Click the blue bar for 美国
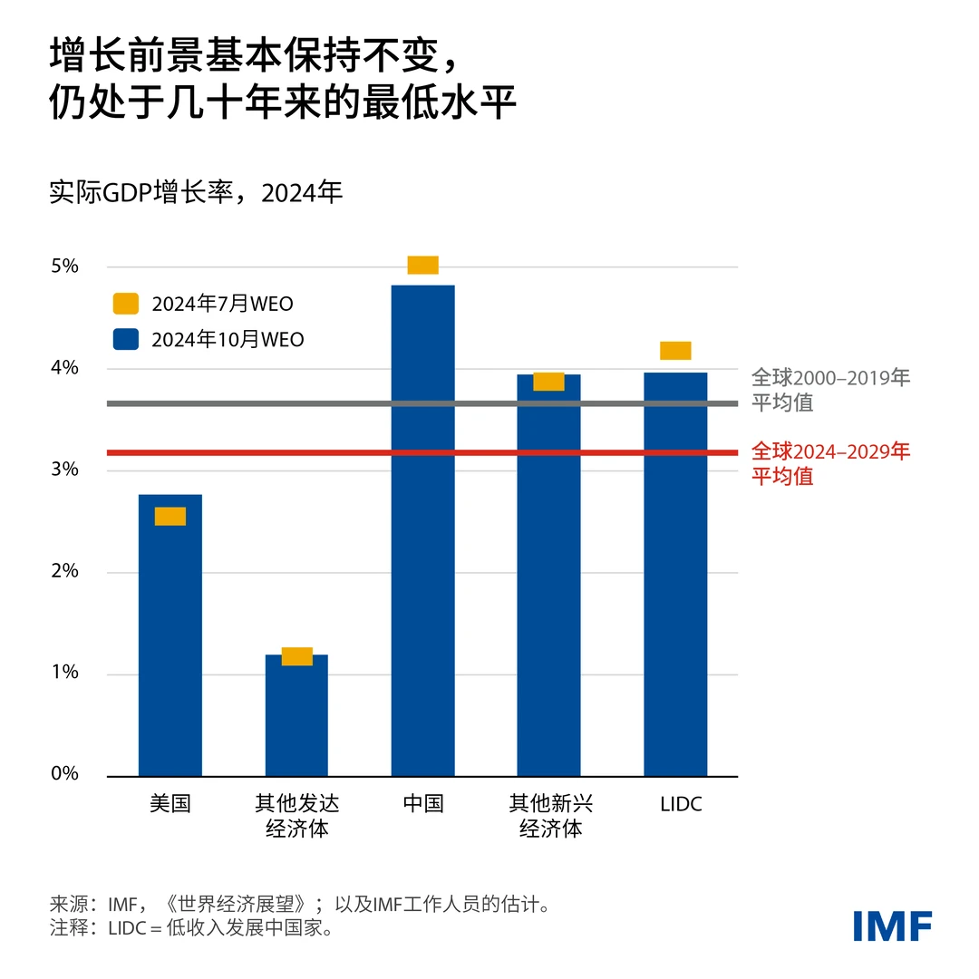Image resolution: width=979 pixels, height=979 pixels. [x=170, y=644]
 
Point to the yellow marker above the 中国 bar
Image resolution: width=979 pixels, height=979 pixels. [x=422, y=265]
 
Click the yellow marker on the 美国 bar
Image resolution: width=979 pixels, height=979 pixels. [x=170, y=516]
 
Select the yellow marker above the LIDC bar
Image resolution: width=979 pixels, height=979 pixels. [x=675, y=351]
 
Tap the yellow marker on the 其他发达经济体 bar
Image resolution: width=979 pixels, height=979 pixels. [x=296, y=656]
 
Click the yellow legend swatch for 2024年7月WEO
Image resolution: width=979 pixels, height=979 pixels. [x=126, y=304]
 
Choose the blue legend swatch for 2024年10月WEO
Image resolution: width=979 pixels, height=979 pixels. [x=126, y=340]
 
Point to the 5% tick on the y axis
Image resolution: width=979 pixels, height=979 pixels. [x=66, y=267]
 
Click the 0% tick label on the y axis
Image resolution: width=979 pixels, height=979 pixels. [x=66, y=775]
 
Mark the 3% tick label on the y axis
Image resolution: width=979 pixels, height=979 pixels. [x=66, y=470]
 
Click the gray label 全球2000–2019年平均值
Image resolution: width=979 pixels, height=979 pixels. [x=829, y=390]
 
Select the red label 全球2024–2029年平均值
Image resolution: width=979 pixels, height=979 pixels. [x=829, y=463]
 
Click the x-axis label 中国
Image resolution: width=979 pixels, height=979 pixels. [x=422, y=803]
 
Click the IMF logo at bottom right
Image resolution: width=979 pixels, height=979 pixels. [x=892, y=926]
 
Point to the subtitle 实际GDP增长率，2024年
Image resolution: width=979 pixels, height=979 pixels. [x=196, y=193]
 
